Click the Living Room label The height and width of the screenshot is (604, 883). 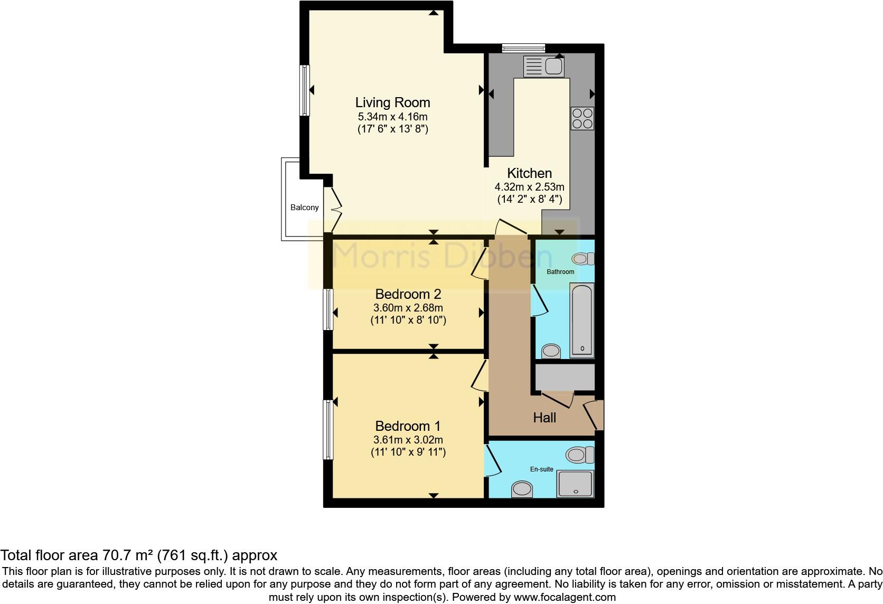392,102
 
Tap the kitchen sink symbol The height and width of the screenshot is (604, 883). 543,67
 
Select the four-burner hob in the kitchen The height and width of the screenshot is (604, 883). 582,118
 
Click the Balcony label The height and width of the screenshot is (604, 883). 305,207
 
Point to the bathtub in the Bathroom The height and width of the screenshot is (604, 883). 582,320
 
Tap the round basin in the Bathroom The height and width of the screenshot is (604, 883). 551,351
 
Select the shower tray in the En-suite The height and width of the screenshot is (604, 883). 575,484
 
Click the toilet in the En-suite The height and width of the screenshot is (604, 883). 579,455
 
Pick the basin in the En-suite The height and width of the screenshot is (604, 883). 522,489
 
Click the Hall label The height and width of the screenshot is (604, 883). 544,418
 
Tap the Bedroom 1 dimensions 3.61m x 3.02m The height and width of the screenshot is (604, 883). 408,440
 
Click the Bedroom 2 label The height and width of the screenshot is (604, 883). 408,294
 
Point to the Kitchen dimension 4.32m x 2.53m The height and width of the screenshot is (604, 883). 529,187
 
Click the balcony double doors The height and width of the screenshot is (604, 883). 334,209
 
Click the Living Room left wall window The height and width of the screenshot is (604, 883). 305,90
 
